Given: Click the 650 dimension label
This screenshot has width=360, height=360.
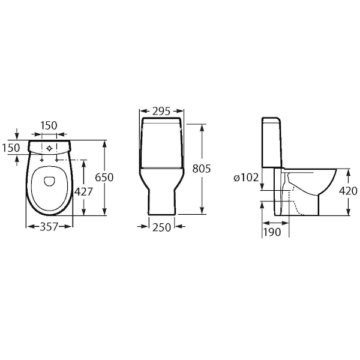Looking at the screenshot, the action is click(104, 178).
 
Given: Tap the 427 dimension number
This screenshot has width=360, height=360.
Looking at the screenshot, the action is click(83, 192).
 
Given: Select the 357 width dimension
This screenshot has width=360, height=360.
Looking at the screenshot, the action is click(49, 227).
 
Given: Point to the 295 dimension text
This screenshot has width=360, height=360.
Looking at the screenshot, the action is click(161, 111).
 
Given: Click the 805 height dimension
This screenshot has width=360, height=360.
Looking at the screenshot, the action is click(202, 169).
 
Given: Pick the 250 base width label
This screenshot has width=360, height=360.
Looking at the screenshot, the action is click(162, 227).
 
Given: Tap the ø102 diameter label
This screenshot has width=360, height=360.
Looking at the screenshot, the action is click(247, 178).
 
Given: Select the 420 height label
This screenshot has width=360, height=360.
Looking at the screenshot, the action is click(348, 191).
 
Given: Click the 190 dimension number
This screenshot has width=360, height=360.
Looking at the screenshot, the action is click(272, 232).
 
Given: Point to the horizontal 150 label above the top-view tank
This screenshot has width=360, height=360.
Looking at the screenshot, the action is click(49, 125).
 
